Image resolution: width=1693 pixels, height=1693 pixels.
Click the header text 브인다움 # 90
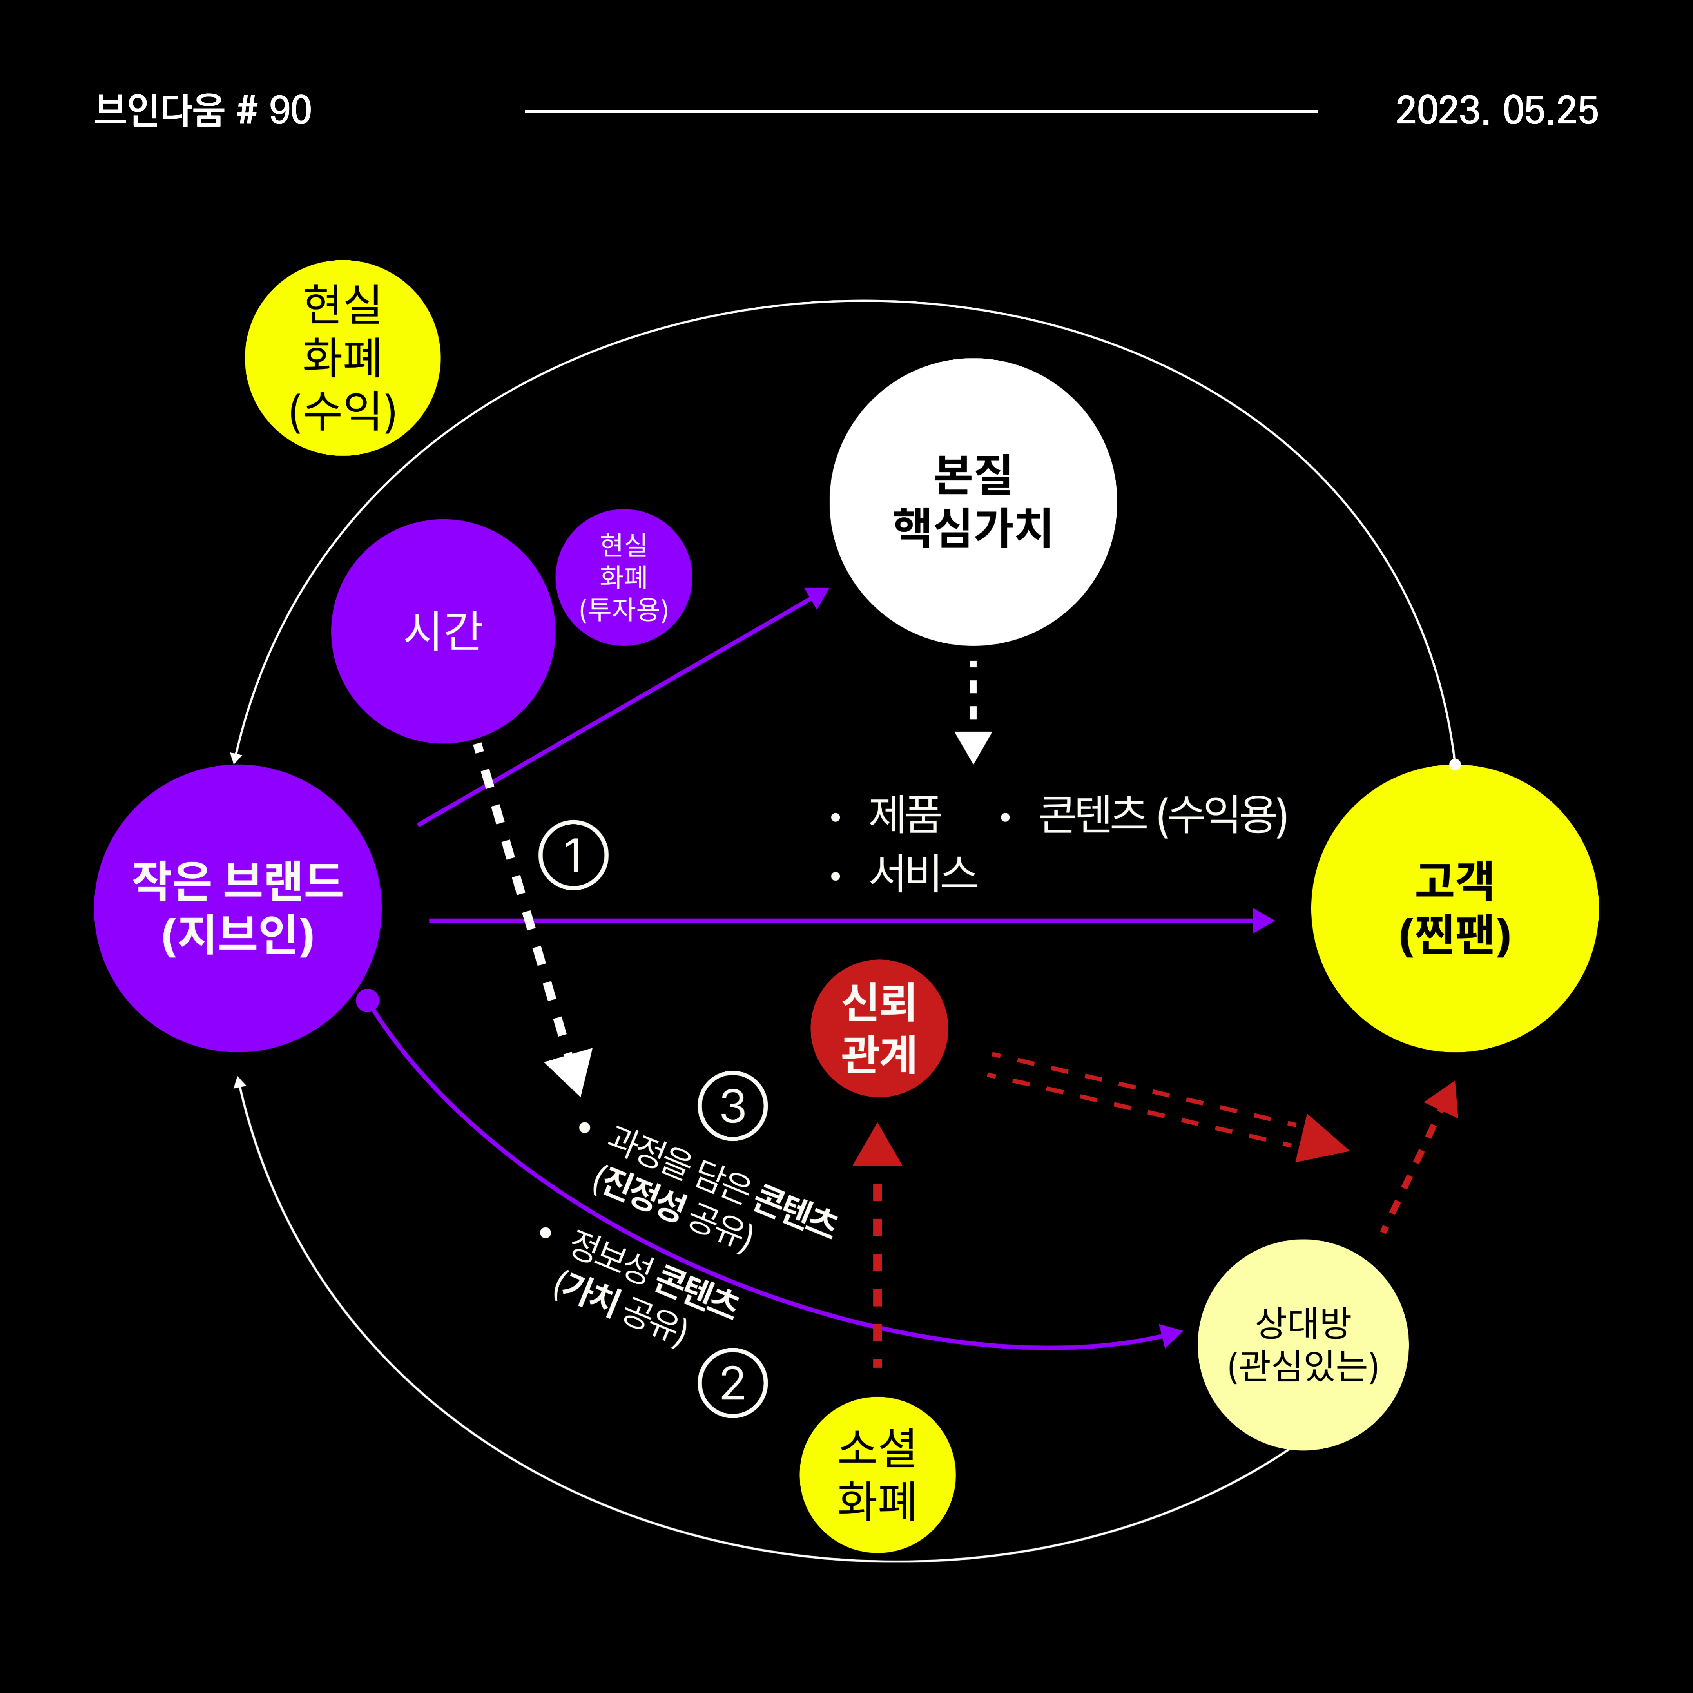[x=203, y=111]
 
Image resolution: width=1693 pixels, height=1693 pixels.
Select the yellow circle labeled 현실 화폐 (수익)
[x=343, y=357]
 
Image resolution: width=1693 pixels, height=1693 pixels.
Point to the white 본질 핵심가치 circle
[x=973, y=501]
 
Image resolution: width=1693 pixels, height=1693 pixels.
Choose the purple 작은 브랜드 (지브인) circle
[x=237, y=908]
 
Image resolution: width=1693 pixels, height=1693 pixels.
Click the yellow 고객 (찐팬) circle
[x=1455, y=908]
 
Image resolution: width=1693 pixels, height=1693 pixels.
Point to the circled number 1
[x=573, y=855]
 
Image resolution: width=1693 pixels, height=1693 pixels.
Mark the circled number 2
[x=732, y=1384]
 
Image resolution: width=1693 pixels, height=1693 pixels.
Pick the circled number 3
[x=732, y=1106]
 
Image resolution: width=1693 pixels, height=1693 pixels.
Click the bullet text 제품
[x=905, y=815]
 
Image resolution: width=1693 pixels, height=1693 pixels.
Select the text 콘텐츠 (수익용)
[x=1162, y=815]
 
